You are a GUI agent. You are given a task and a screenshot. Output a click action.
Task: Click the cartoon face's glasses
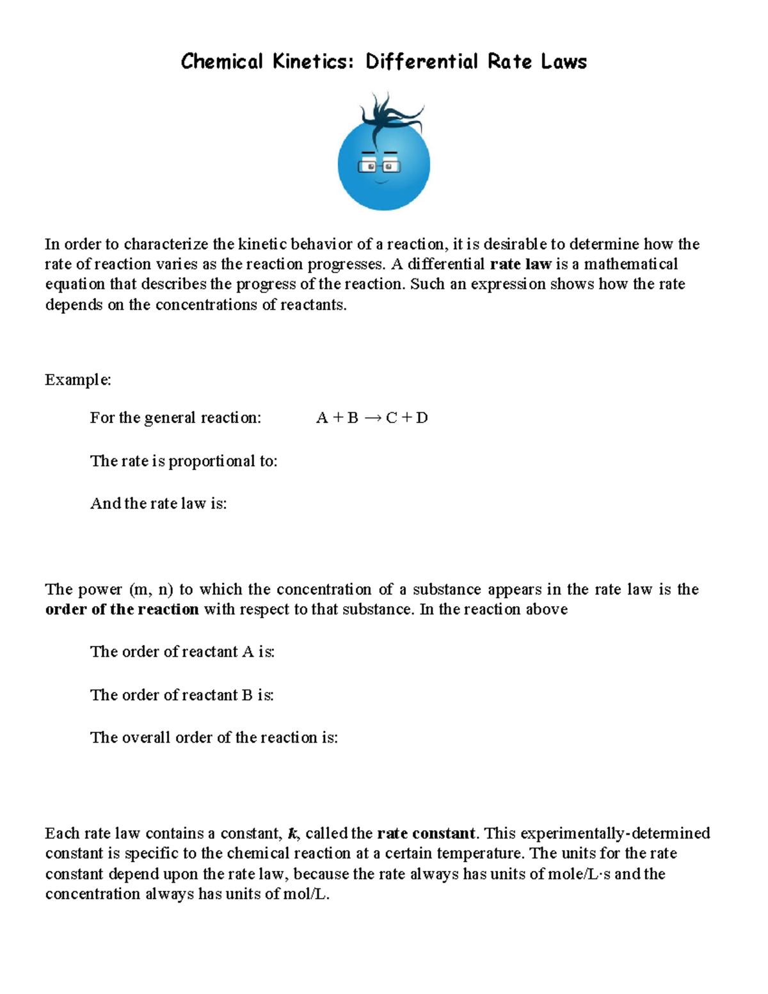379,166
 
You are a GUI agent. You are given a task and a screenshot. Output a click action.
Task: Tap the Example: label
78,380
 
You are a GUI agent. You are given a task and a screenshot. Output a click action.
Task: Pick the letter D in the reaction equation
422,418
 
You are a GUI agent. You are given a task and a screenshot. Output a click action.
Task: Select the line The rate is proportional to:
184,461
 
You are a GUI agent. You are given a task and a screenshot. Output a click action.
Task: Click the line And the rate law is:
159,504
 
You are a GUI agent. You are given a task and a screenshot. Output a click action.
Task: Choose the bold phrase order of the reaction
122,609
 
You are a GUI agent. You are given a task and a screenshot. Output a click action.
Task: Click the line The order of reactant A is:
182,652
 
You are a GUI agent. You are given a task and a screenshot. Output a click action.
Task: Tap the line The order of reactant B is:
182,695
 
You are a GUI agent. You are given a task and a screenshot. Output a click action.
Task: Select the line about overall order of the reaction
214,738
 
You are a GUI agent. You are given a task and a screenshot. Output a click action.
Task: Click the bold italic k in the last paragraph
293,834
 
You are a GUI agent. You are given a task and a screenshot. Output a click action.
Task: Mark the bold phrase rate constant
426,834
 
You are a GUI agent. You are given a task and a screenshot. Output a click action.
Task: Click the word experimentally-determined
615,834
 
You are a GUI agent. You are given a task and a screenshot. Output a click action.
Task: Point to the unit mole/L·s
579,874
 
